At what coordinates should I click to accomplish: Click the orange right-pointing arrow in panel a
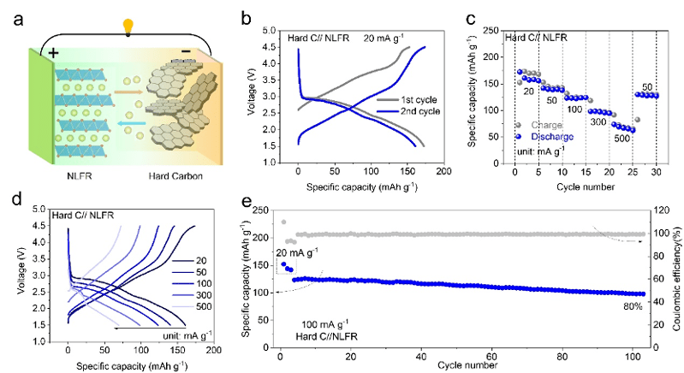pyautogui.click(x=131, y=86)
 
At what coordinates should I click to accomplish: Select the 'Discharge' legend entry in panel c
pyautogui.click(x=549, y=137)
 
